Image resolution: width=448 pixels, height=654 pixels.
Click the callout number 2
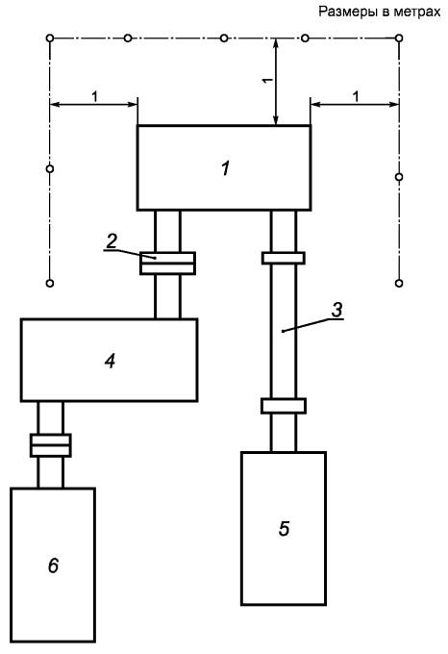112,241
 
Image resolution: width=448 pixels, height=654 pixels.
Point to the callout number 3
336,310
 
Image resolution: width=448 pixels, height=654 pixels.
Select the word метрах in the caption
416,12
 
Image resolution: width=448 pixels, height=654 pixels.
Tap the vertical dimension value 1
267,80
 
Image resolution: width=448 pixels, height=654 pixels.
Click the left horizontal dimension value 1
94,97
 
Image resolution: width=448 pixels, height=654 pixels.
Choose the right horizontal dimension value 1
356,97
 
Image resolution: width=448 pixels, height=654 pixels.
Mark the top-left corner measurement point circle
50,38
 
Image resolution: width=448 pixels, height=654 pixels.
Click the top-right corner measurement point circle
399,38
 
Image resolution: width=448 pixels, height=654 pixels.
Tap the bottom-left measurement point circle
50,283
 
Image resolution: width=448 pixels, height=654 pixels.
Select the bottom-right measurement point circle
399,283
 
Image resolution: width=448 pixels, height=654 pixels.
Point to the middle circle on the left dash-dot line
50,169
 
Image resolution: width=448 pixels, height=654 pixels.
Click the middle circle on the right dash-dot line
399,177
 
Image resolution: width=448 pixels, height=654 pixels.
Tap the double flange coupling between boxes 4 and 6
50,445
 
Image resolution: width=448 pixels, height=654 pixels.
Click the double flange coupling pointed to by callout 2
167,263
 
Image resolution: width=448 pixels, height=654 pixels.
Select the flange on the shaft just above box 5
284,406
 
